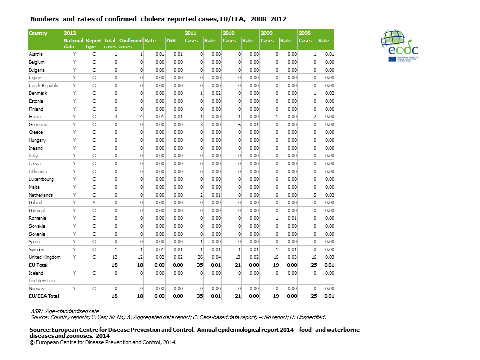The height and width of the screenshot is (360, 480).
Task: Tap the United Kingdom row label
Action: (44, 257)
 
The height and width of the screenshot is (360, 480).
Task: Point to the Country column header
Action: (38, 33)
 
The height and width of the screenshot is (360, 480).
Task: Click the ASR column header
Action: (170, 40)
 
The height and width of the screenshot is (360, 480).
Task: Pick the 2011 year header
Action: (190, 33)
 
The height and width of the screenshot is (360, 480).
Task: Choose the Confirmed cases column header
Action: (131, 43)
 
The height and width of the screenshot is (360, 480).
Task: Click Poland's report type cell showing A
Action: (94, 203)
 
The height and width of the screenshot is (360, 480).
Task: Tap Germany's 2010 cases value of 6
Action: (239, 124)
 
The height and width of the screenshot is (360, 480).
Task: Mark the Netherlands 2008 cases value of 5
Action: (315, 195)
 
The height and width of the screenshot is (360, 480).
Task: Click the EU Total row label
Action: (38, 265)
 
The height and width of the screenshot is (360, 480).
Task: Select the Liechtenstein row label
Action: (43, 281)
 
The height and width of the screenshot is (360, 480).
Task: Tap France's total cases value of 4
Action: (115, 117)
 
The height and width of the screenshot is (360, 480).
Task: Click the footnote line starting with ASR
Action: (65, 311)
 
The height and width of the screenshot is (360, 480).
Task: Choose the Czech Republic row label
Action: (44, 85)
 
